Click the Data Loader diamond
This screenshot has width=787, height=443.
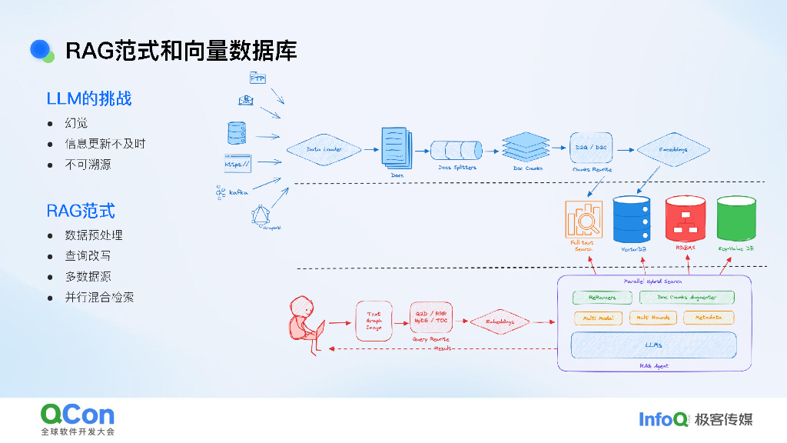(324, 149)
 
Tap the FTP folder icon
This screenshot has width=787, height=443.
(257, 78)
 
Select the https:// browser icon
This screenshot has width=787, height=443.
(237, 164)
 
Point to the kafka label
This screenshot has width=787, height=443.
(238, 192)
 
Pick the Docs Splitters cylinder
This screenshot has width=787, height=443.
(456, 149)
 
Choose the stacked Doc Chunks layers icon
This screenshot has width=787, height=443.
(527, 146)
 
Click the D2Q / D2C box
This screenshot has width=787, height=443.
(590, 146)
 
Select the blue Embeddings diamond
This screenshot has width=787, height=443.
(673, 149)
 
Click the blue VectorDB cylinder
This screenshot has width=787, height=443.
(632, 218)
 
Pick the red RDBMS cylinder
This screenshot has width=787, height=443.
(685, 218)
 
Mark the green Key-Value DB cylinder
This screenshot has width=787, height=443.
(736, 218)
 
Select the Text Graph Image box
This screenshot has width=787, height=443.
(374, 321)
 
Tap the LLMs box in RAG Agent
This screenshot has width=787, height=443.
(654, 345)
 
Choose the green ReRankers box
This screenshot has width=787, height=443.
(602, 297)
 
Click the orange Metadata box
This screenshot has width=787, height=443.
(709, 317)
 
